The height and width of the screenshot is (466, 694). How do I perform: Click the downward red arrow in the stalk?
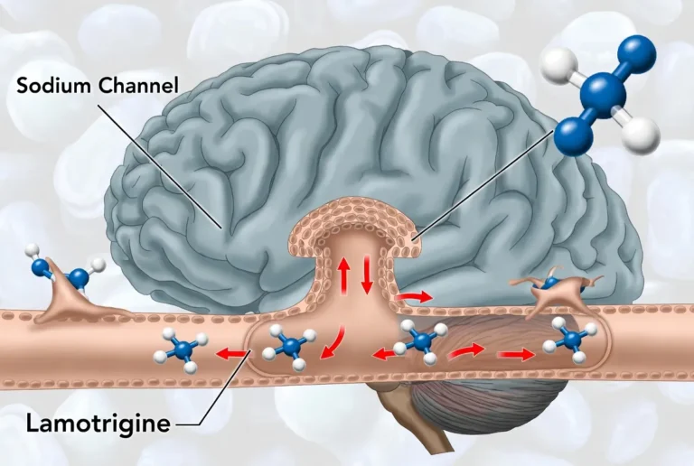point(367,274)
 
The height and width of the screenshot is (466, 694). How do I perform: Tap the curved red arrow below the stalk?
point(333,342)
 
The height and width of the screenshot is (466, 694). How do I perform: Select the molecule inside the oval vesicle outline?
point(290,346)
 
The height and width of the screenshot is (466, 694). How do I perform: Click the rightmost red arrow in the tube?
point(516,354)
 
